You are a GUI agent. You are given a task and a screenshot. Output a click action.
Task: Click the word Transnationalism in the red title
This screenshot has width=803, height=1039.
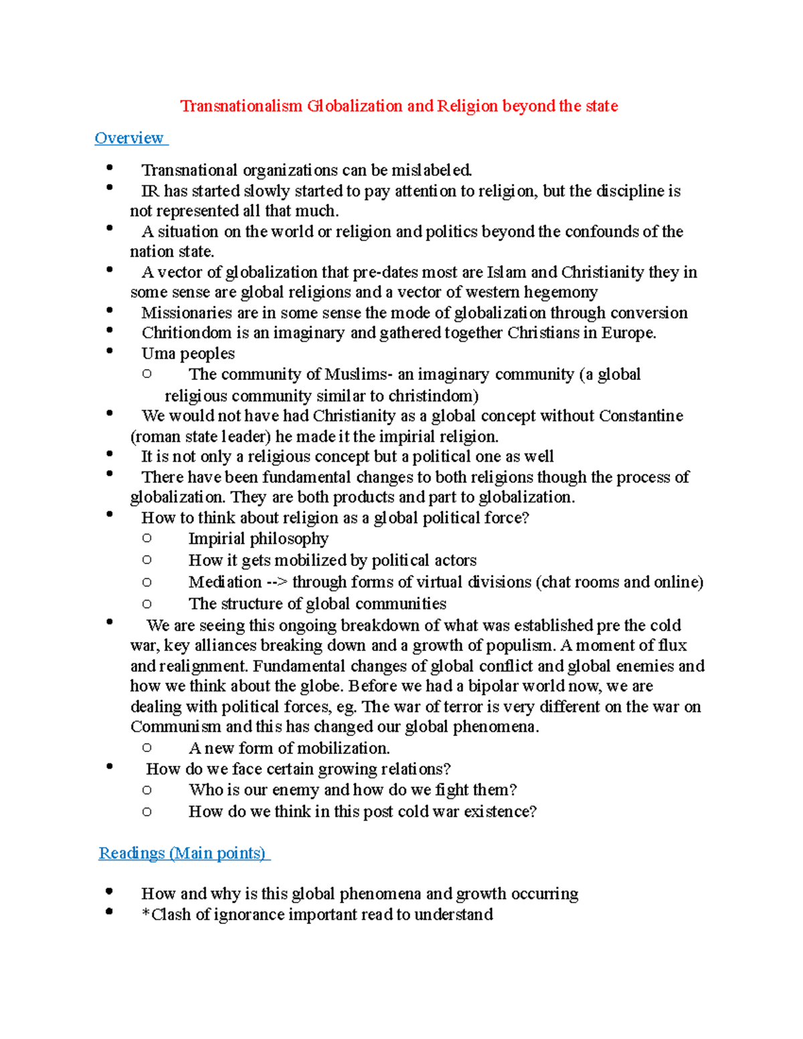tap(241, 106)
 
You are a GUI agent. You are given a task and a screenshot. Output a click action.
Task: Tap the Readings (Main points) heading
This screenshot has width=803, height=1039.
tap(182, 853)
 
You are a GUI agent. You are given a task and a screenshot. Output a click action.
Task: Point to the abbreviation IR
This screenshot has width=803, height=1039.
tap(150, 191)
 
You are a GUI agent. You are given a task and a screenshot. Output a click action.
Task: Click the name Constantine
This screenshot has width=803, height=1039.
tap(641, 416)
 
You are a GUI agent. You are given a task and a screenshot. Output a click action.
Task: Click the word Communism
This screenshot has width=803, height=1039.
tap(176, 727)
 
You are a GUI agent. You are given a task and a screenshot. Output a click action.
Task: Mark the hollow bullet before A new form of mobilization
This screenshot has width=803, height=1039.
tap(147, 748)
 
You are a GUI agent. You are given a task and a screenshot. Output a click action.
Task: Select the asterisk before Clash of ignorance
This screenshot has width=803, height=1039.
tap(145, 914)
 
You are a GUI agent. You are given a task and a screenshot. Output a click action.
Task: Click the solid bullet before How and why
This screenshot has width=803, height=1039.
tap(109, 892)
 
